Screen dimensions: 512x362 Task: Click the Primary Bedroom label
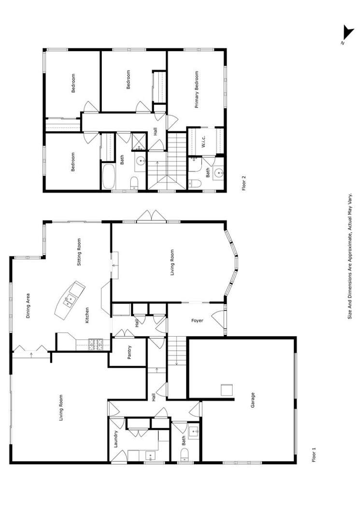[x=197, y=90]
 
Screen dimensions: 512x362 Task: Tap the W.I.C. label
[x=204, y=141]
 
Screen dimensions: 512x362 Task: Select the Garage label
[x=252, y=400]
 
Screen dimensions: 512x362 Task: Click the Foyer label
[x=197, y=320]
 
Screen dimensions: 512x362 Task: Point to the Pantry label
[x=129, y=355]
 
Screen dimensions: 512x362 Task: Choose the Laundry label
[x=116, y=439]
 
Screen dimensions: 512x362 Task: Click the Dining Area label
[x=28, y=306]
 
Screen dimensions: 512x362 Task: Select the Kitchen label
[x=87, y=315]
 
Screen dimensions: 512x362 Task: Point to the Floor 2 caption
[x=244, y=184]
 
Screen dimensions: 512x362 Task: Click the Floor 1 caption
[x=314, y=455]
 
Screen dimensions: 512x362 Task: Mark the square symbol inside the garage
[x=227, y=390]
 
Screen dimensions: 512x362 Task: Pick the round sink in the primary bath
[x=219, y=172]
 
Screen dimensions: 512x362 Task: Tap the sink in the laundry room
[x=150, y=455]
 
